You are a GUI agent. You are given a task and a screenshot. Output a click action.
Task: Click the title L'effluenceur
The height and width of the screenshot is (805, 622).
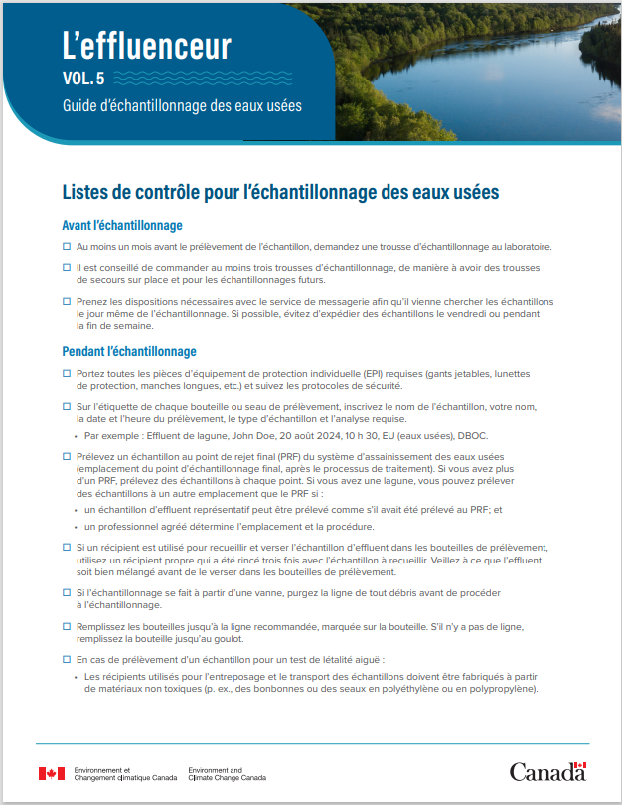146,45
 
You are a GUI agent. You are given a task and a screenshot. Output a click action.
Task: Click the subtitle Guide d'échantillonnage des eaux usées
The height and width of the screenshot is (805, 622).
181,104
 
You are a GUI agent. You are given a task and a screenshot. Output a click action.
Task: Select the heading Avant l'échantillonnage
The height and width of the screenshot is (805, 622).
122,225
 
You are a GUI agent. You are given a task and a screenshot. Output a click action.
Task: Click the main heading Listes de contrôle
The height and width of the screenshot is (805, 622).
280,191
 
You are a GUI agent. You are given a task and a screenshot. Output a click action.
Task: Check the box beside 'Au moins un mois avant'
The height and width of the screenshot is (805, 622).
67,246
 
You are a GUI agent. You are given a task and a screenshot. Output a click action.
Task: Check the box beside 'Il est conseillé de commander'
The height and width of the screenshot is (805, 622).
67,268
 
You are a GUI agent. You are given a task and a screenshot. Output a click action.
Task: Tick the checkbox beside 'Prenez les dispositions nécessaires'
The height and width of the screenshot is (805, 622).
67,301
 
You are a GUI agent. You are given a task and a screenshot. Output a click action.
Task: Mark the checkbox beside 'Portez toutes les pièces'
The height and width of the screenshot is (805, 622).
67,373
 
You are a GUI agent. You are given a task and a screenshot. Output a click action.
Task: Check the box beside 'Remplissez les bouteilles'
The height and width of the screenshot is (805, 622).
67,626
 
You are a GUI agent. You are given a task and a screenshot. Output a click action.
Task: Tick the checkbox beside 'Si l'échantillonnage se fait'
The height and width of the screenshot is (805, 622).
67,592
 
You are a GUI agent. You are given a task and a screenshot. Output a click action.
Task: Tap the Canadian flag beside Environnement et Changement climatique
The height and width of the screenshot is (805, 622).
51,773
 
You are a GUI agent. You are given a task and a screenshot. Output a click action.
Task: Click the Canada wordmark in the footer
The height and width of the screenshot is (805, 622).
547,772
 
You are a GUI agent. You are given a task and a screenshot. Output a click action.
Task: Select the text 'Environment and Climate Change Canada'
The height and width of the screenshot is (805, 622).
227,773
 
